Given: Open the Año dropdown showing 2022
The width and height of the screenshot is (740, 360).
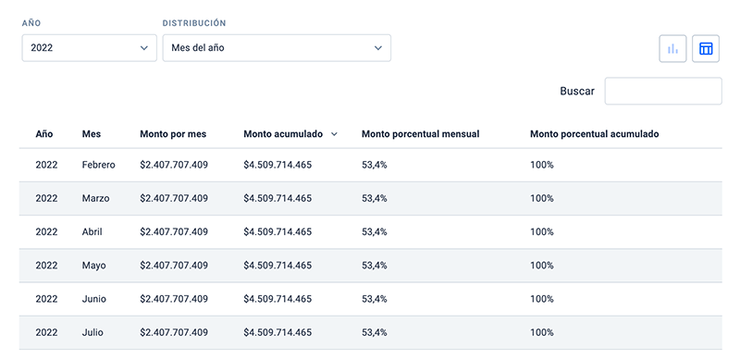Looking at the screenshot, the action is pyautogui.click(x=89, y=48).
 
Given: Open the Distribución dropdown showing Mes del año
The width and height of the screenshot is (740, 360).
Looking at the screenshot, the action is pyautogui.click(x=277, y=48).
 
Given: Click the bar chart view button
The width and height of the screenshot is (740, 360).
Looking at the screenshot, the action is pyautogui.click(x=672, y=49).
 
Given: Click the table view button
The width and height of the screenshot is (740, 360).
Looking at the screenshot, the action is pyautogui.click(x=706, y=49).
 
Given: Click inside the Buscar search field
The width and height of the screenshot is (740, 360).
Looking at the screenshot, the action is pyautogui.click(x=663, y=91).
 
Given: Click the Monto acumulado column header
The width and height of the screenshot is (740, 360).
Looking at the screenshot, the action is pyautogui.click(x=283, y=134).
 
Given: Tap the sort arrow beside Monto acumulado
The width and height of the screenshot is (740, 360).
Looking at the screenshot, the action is pyautogui.click(x=334, y=134).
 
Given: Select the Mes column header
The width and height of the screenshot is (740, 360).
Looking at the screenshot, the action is pyautogui.click(x=91, y=134).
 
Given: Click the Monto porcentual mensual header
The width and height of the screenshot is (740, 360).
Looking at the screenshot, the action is pyautogui.click(x=421, y=134).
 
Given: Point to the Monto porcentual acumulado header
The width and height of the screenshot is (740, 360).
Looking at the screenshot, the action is pyautogui.click(x=594, y=134).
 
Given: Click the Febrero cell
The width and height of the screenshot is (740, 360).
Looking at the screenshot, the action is pyautogui.click(x=98, y=165).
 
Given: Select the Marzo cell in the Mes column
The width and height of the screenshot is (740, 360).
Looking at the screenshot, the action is pyautogui.click(x=95, y=198).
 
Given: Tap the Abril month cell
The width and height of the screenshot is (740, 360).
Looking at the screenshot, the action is pyautogui.click(x=92, y=232).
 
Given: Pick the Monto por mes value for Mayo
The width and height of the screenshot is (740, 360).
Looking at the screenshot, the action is pyautogui.click(x=174, y=266).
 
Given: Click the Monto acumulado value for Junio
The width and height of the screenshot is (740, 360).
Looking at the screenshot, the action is pyautogui.click(x=277, y=299).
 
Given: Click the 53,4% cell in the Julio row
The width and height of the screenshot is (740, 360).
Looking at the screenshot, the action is pyautogui.click(x=375, y=332).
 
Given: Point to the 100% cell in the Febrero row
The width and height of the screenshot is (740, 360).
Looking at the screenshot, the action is pyautogui.click(x=542, y=165).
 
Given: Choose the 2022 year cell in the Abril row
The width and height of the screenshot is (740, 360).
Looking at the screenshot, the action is pyautogui.click(x=46, y=232).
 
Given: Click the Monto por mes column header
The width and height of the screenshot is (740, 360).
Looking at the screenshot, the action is pyautogui.click(x=173, y=134).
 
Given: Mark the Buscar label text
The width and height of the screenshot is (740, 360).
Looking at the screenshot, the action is pyautogui.click(x=577, y=92).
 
